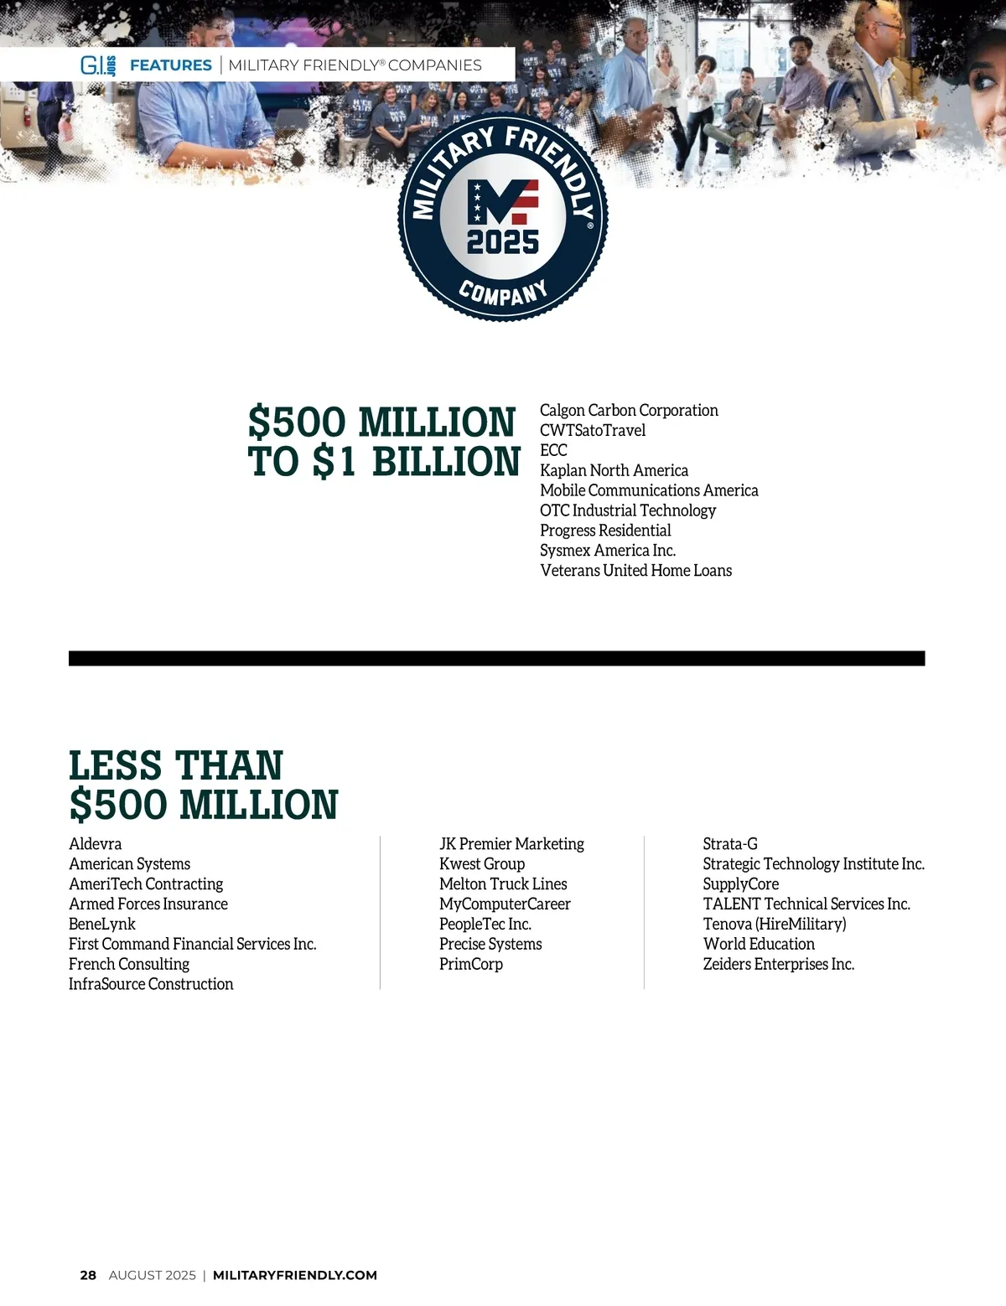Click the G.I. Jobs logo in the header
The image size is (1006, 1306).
point(98,65)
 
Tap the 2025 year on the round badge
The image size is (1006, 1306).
point(503,242)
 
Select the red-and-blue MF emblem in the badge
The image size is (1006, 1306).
point(503,202)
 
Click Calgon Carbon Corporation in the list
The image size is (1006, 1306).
point(629,411)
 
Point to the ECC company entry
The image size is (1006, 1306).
point(553,450)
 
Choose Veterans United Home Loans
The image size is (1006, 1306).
point(635,571)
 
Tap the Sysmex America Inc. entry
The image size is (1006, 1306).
point(608,551)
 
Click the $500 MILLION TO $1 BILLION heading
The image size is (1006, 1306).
point(383,442)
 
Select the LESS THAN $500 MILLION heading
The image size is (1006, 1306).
point(203,785)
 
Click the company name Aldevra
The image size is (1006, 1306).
point(96,844)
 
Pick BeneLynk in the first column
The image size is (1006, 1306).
point(102,924)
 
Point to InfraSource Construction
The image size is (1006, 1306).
point(151,984)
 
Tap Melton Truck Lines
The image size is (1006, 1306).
point(503,884)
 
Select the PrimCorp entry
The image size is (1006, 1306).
point(471,964)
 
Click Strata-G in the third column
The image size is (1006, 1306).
point(730,844)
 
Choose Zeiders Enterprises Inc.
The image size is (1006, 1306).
point(779,964)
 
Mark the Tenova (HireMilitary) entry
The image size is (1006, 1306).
point(775,924)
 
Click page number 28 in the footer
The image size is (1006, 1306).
point(88,1275)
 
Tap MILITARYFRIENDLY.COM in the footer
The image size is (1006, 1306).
point(295,1275)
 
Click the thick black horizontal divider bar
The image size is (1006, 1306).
point(496,658)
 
